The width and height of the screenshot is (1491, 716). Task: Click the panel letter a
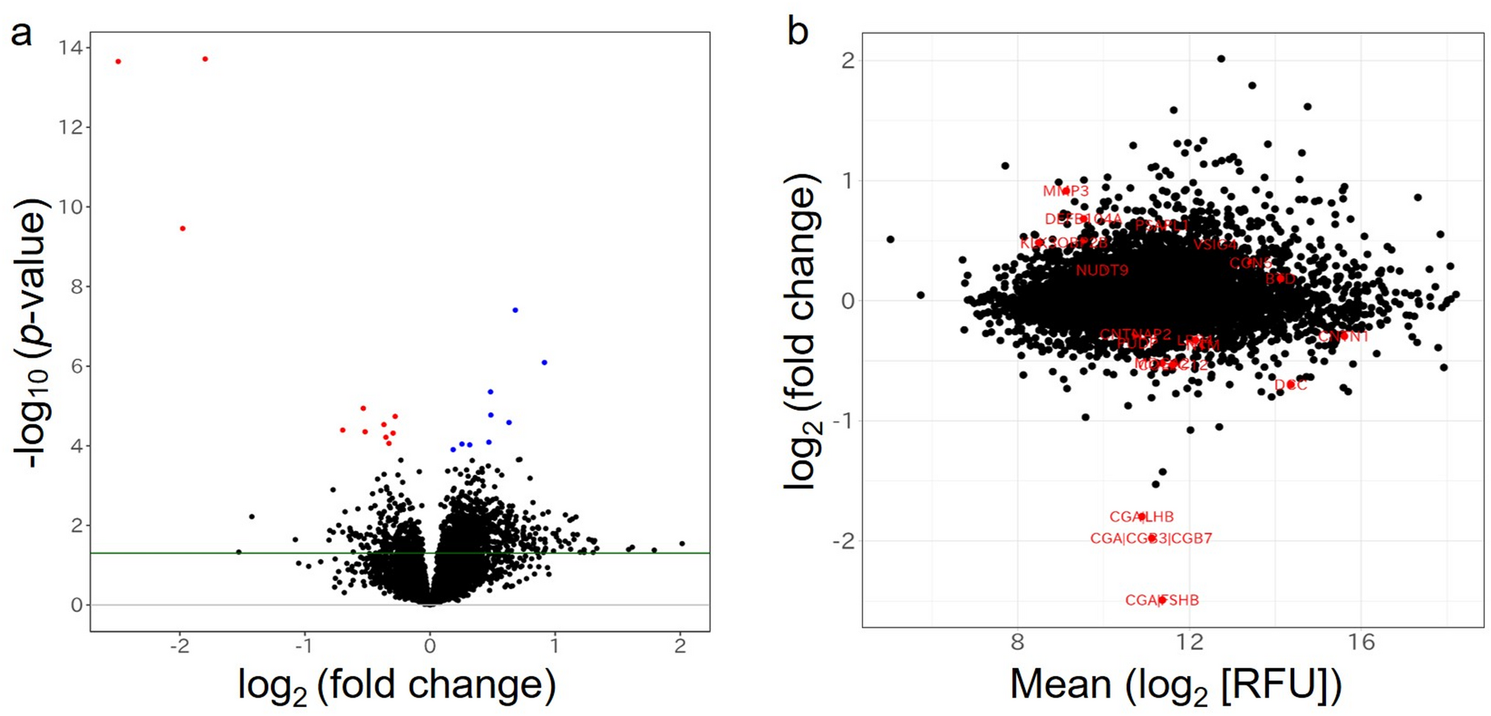[x=21, y=34]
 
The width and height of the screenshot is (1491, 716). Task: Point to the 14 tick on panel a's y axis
[x=72, y=48]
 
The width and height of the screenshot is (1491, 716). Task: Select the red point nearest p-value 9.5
[x=183, y=229]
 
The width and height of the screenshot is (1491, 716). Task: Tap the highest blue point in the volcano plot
[x=515, y=310]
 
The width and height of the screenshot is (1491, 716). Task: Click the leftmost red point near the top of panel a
[x=118, y=62]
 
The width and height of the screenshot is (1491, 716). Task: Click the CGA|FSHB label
[x=1161, y=600]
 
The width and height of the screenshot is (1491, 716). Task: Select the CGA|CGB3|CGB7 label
[x=1150, y=539]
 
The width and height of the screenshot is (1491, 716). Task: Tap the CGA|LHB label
[x=1141, y=517]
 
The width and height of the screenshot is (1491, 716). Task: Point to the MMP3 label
[x=1066, y=191]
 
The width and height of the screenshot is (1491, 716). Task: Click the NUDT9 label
[x=1102, y=271]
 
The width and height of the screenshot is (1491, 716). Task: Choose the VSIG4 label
[x=1216, y=245]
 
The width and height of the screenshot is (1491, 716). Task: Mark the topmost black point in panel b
[x=1221, y=59]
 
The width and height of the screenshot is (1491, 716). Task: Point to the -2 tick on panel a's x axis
[x=179, y=646]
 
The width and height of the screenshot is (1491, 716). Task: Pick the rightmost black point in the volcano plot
[x=682, y=544]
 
